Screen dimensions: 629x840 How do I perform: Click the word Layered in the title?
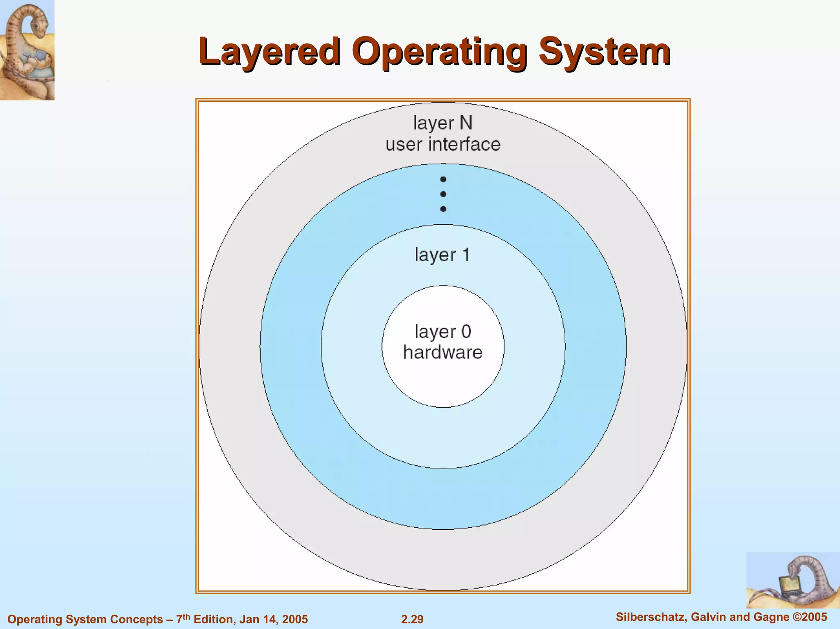click(269, 52)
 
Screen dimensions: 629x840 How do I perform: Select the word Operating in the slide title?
click(439, 52)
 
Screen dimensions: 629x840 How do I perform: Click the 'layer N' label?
click(443, 123)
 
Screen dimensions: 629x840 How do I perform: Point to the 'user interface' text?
click(443, 144)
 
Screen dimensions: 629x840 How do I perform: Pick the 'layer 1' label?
click(442, 255)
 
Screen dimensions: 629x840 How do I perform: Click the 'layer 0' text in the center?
click(443, 331)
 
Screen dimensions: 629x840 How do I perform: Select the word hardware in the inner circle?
click(443, 352)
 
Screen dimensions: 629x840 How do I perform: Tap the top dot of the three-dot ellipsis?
click(443, 179)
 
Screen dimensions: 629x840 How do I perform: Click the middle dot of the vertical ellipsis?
click(443, 194)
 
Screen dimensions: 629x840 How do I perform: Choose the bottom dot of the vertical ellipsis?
click(443, 209)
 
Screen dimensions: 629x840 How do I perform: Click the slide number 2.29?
click(412, 619)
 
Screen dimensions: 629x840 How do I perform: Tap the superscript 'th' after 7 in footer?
click(187, 616)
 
